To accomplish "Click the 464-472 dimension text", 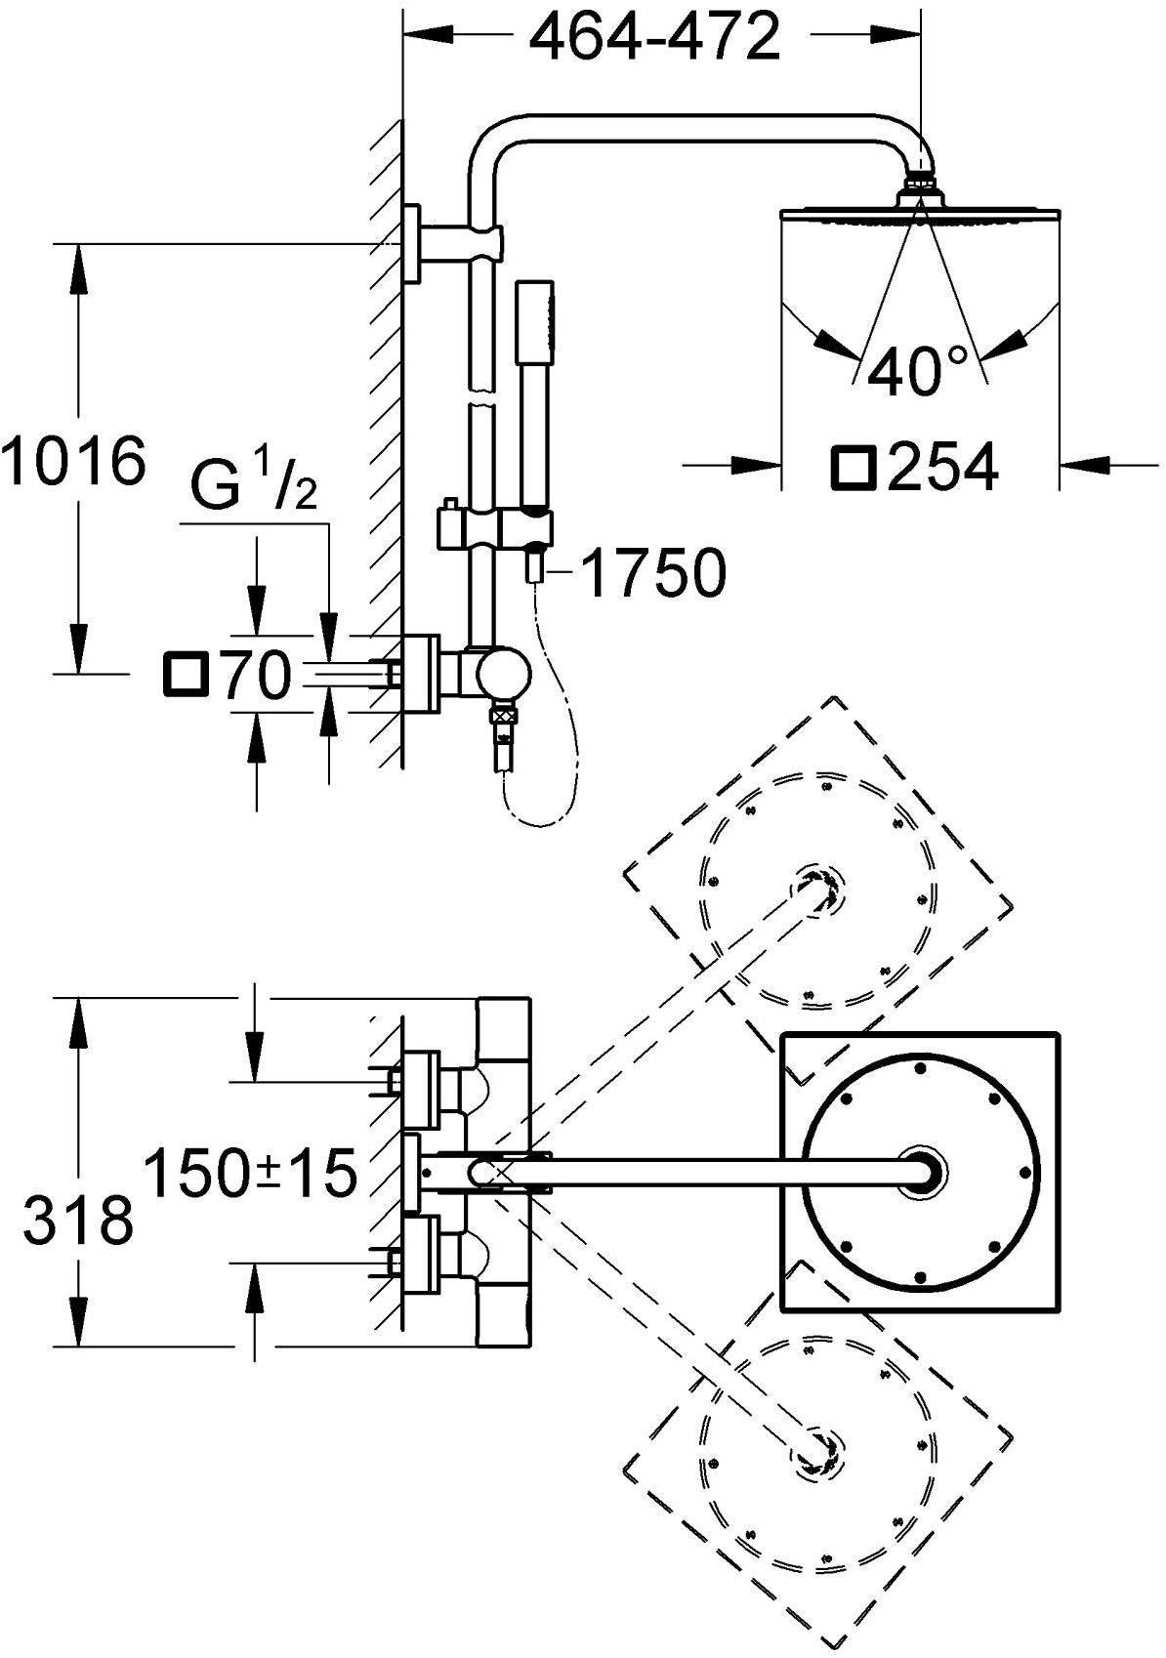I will [x=654, y=38].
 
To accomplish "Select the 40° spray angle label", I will [x=919, y=370].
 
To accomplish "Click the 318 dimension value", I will [x=78, y=1221].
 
